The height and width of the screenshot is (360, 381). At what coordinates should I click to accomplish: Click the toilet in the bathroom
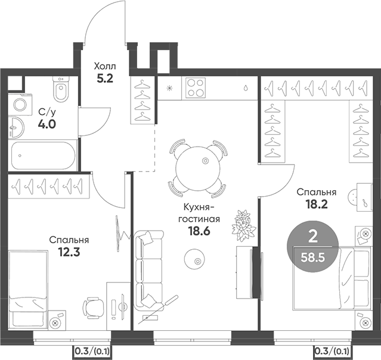pos(60,91)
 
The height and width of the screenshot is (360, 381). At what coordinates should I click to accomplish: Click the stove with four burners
pos(196,88)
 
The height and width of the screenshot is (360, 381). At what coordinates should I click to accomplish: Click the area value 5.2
pos(107,76)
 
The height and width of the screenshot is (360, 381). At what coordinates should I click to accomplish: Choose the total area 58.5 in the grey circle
pos(312,258)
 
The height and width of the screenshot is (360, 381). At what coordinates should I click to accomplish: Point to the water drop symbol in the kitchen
pos(246,87)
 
